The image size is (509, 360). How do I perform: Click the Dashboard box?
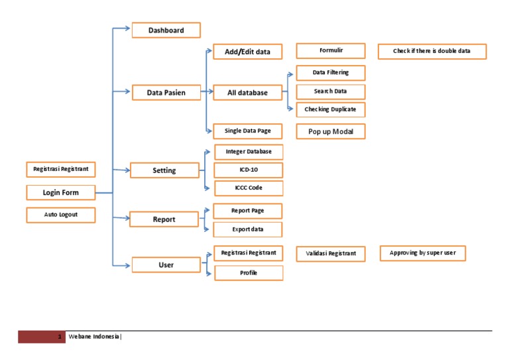pos(166,30)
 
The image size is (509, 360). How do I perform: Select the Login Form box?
pos(60,193)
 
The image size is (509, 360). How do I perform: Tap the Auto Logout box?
pos(60,215)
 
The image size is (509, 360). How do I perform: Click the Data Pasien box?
pos(166,93)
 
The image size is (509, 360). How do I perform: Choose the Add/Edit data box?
pos(247,52)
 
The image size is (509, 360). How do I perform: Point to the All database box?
pos(247,93)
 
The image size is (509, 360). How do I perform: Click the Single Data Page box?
pos(247,131)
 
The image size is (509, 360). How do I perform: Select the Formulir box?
pos(330,50)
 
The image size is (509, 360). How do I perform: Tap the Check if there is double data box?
pos(431,51)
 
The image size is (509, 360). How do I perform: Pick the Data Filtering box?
pos(330,72)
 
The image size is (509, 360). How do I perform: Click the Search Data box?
pos(330,91)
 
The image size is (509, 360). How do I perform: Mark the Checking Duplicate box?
pos(330,109)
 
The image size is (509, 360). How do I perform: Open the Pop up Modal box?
pos(330,132)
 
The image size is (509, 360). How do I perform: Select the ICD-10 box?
pos(248,170)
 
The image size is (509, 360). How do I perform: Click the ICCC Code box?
pos(248,188)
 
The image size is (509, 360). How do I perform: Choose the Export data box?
pos(247,229)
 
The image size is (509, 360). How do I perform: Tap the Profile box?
pos(248,272)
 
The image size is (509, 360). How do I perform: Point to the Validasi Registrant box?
pos(330,253)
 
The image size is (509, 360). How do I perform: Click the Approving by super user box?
pos(422,253)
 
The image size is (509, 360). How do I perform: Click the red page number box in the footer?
pos(42,337)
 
